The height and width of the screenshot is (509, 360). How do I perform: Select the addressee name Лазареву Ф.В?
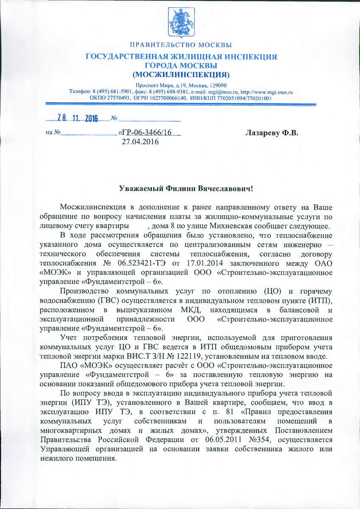click(x=272, y=133)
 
